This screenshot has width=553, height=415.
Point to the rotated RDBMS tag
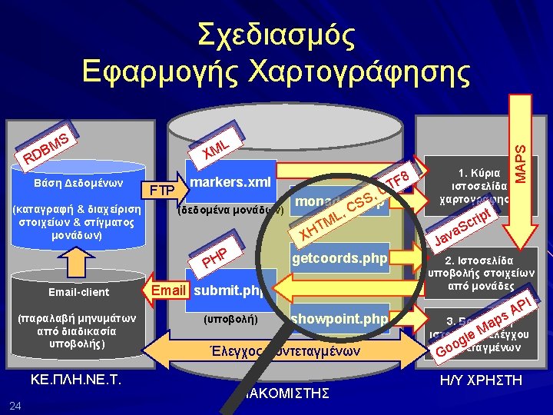click(x=48, y=148)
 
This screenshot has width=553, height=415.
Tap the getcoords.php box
click(x=339, y=259)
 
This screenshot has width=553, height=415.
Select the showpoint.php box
click(x=339, y=318)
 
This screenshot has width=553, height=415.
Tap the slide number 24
click(x=16, y=405)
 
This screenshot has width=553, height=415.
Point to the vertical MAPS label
click(x=520, y=157)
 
